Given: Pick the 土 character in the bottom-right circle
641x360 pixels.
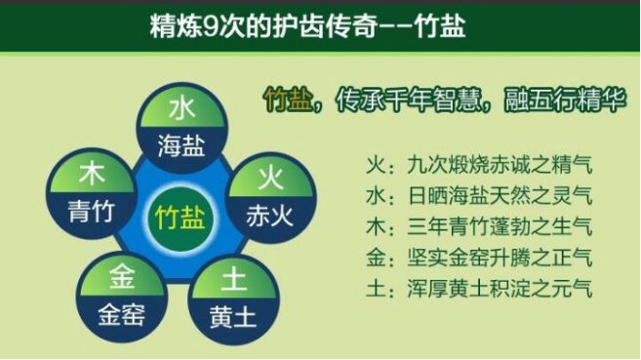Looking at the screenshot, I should (234, 282).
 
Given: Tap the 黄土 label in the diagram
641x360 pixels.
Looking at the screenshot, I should (234, 317).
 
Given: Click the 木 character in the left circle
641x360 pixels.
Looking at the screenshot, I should (93, 177).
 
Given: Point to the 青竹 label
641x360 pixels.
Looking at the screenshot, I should (92, 212).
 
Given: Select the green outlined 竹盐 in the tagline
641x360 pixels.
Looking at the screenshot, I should (288, 100).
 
